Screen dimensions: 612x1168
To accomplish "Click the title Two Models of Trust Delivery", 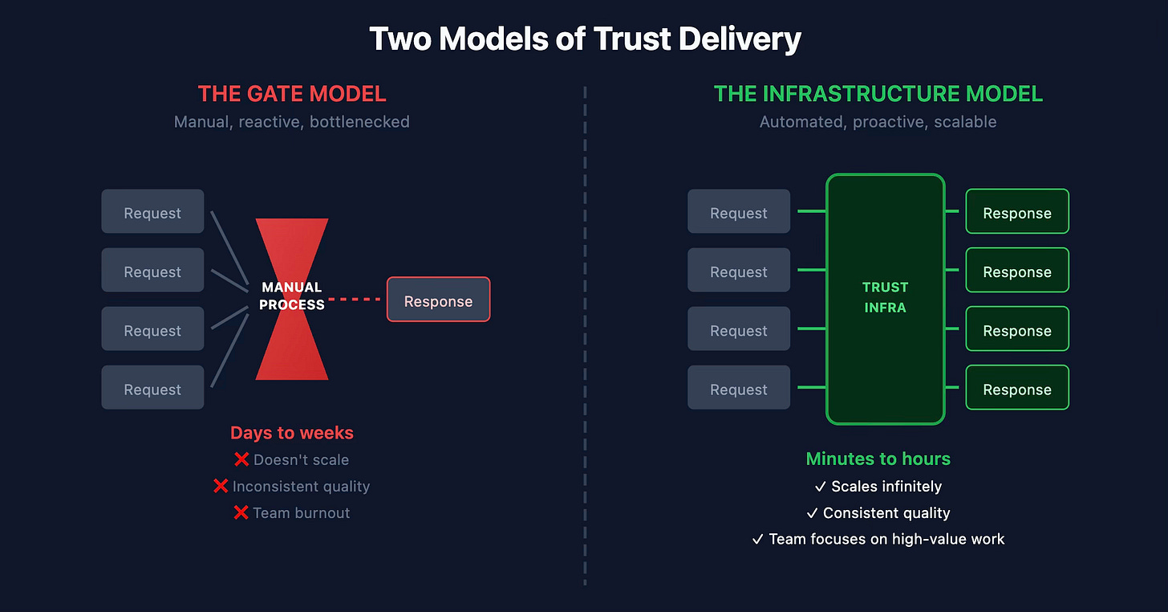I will click(x=584, y=39).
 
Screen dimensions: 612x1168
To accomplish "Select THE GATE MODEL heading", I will click(x=292, y=94).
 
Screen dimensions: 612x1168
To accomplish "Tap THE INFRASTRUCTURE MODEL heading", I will click(x=878, y=94).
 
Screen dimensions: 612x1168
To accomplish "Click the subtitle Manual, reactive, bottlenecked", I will click(x=292, y=122).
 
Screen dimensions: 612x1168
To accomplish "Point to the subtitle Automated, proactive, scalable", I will click(x=878, y=122).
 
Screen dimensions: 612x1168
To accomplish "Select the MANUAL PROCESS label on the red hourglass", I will click(x=292, y=296).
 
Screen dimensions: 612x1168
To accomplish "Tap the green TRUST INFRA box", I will click(x=885, y=298).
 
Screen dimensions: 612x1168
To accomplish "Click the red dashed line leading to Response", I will click(x=356, y=300).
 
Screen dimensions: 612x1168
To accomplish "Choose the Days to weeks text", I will click(x=292, y=433).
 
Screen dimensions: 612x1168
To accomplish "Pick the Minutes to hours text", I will click(x=878, y=459).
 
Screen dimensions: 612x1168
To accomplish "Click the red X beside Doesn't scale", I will click(x=241, y=460).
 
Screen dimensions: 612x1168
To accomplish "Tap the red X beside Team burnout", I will click(x=241, y=512).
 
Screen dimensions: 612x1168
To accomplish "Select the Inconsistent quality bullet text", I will click(x=301, y=487).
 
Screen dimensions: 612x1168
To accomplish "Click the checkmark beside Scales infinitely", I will click(x=821, y=487).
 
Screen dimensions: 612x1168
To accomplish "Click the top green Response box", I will click(x=1017, y=212).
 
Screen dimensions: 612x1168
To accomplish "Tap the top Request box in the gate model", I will click(x=152, y=212).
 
